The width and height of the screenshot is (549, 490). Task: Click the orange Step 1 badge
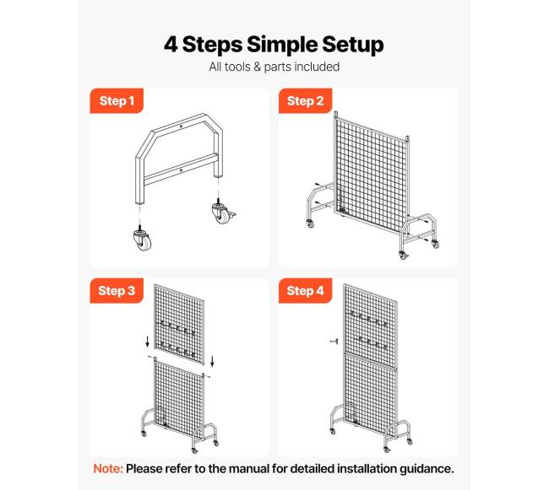coord(117,100)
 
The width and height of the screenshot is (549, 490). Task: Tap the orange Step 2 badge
coord(305,100)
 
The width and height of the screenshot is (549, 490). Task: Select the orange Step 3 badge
coord(117,290)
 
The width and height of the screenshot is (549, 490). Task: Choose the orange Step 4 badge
coord(305,290)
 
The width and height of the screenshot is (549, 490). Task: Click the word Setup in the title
coord(352,45)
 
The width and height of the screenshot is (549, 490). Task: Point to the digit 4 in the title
coord(171,45)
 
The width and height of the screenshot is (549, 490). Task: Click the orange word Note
coord(108,469)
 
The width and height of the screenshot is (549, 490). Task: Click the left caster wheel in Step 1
coord(143,239)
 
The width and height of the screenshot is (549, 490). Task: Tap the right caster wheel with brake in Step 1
coord(223,212)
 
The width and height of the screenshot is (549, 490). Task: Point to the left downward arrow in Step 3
coord(148,342)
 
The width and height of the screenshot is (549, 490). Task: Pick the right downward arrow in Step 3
coord(212,361)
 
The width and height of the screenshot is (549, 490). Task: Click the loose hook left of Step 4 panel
coord(334,341)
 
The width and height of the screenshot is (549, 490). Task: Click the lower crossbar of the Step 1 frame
coord(181,170)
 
